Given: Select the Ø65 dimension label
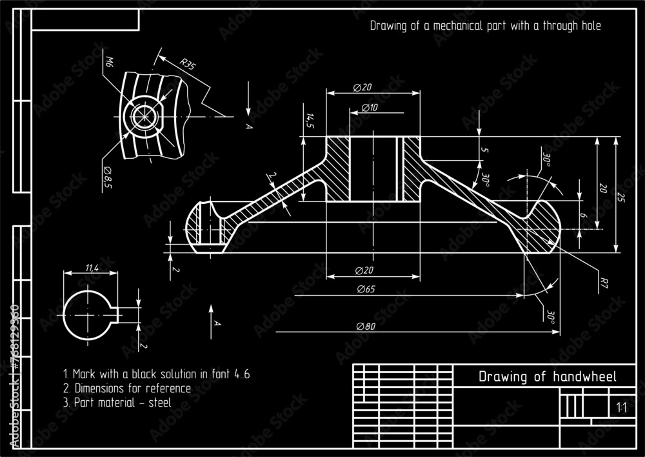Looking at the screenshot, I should tap(365, 289).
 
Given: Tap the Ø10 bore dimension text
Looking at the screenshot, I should tap(370, 107).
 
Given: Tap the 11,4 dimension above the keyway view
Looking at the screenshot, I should tap(92, 267).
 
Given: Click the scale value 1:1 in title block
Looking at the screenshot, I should tap(621, 408).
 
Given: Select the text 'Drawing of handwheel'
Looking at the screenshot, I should tap(547, 376).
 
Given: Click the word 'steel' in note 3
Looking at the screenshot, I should tap(159, 402).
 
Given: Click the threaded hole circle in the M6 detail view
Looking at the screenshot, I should tap(143, 117).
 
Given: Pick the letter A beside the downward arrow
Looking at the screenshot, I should tap(248, 126).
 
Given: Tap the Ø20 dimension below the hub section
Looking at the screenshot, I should tap(365, 270).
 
